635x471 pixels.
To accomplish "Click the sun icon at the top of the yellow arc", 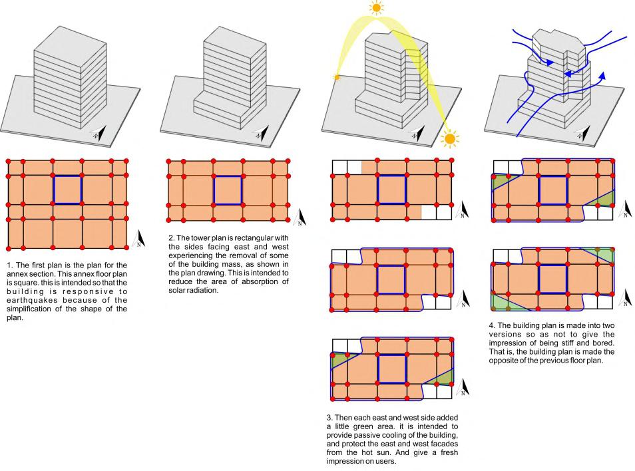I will coord(377,8).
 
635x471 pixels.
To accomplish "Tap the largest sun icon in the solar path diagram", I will coord(449,139).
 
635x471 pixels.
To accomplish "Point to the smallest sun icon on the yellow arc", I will coord(337,78).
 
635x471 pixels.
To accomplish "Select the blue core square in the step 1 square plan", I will coord(67,190).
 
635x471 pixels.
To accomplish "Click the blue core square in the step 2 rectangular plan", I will coord(228,190).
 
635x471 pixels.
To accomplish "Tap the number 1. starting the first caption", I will coord(10,265).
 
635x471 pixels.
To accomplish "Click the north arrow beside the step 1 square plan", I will coord(139,238).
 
